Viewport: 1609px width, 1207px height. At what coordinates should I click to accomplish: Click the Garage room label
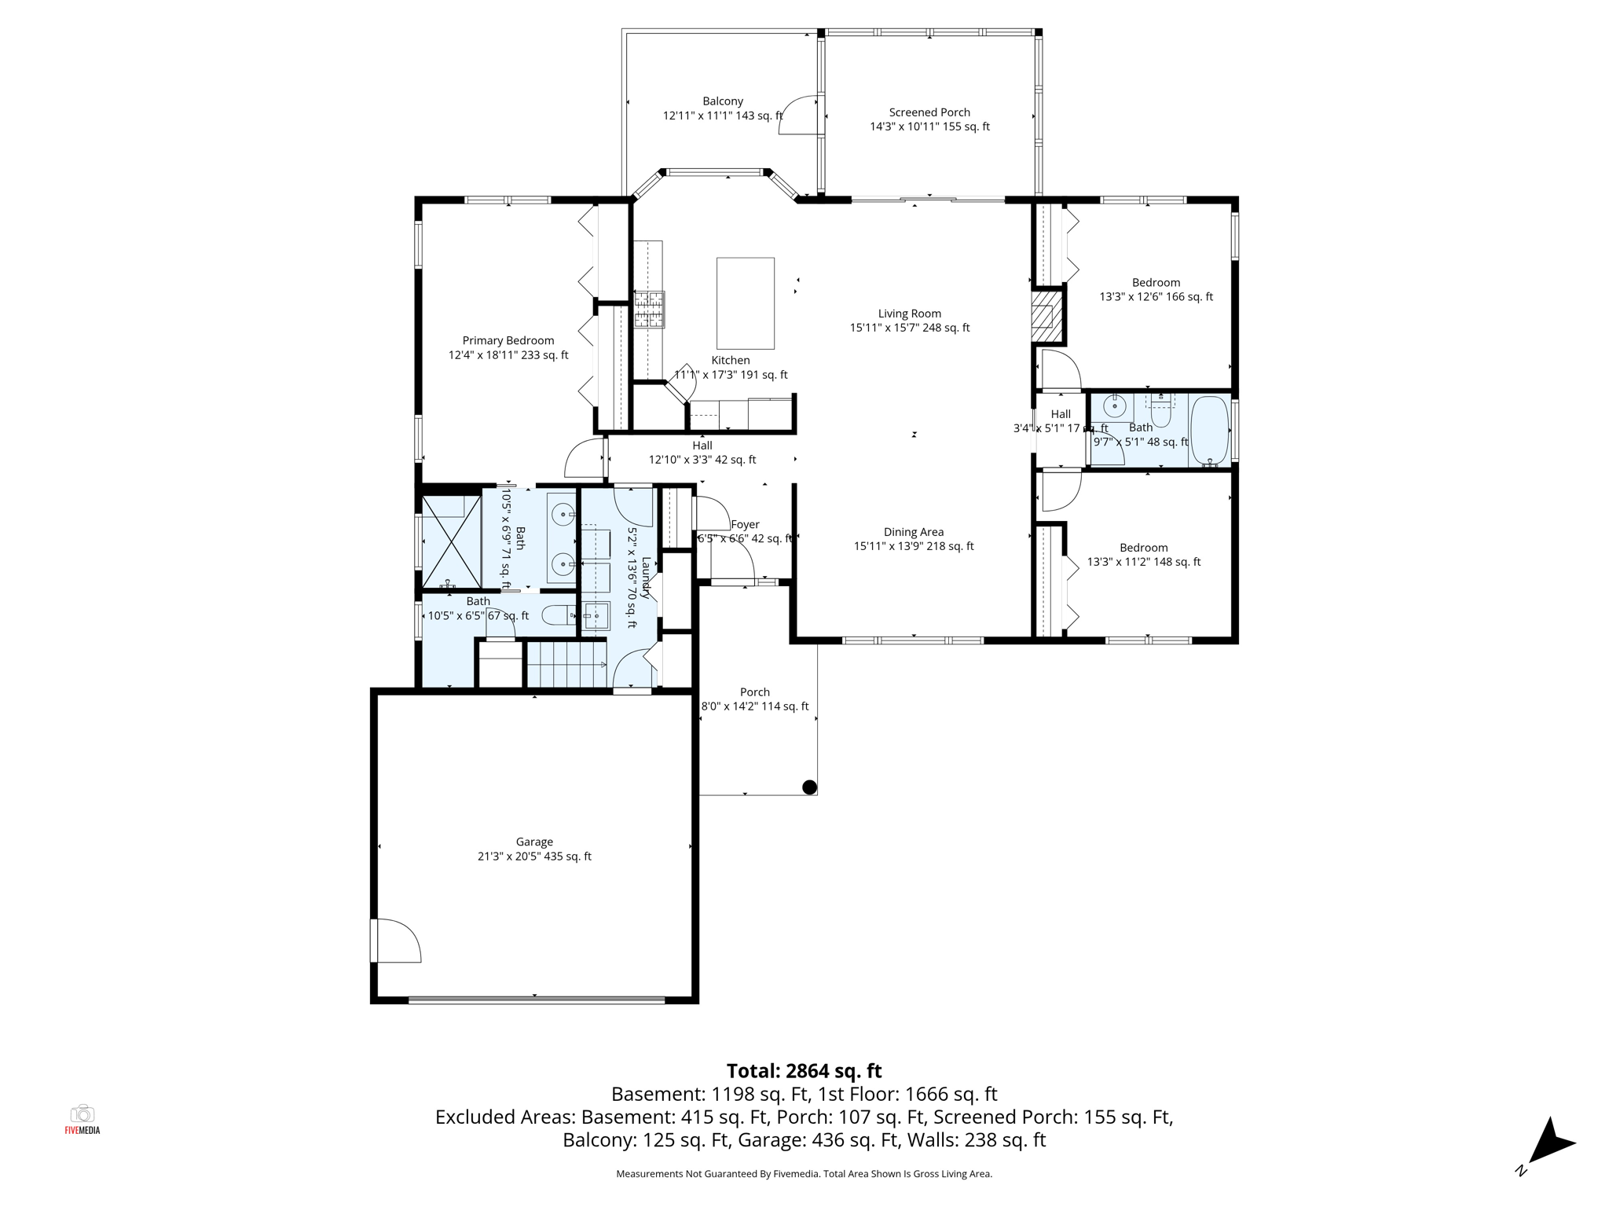(534, 842)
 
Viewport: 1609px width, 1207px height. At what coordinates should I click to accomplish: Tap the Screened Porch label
(929, 112)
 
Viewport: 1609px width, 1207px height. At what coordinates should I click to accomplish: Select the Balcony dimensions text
(722, 116)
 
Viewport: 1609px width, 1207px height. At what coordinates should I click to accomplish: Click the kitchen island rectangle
(745, 303)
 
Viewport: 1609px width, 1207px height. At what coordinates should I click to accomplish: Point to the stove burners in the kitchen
(649, 309)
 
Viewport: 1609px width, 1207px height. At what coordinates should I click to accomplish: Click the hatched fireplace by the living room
(1043, 317)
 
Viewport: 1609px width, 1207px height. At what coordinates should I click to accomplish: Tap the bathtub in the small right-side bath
(1209, 431)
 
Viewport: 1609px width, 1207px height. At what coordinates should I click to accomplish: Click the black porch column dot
(809, 787)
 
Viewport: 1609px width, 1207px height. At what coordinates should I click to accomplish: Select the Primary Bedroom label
(508, 340)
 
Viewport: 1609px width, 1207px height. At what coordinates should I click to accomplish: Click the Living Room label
(909, 314)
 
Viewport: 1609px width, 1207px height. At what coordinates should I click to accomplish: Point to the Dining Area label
(913, 532)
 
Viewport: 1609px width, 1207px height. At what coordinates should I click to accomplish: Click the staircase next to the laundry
(566, 665)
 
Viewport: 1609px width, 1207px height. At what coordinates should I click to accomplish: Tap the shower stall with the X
(451, 542)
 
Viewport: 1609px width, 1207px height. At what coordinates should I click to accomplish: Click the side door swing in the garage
(398, 941)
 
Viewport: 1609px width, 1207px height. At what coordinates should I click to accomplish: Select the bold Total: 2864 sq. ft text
(804, 1071)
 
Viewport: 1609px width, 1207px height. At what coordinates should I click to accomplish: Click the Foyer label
(745, 524)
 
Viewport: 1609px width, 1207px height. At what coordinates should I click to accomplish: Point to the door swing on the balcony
(800, 116)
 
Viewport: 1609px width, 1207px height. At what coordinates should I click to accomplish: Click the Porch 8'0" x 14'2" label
(754, 699)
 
